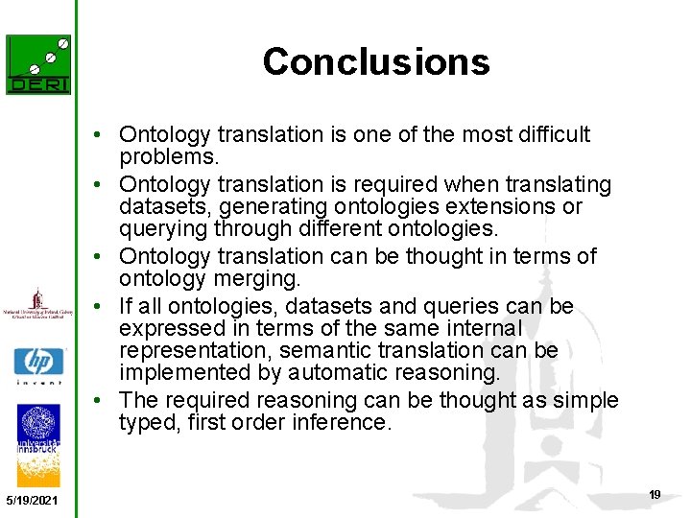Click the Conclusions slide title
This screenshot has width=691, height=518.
(376, 61)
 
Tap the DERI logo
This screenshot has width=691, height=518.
(38, 64)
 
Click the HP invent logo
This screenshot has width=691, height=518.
(38, 365)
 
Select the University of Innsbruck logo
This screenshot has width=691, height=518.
(38, 439)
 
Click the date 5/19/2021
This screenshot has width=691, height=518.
(31, 501)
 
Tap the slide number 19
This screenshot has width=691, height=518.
(655, 495)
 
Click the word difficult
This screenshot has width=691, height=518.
(545, 135)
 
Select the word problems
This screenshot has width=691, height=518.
(169, 157)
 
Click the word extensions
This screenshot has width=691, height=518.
(522, 207)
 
